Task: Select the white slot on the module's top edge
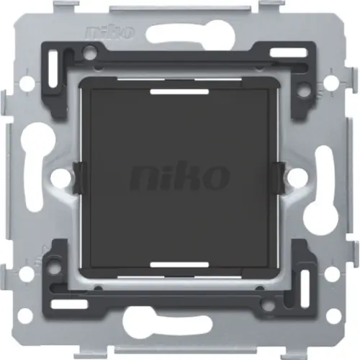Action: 180,91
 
